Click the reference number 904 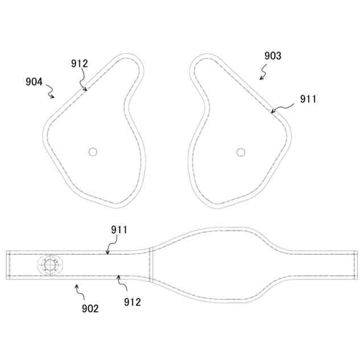(34, 82)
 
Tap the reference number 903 (273, 56)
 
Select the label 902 (90, 308)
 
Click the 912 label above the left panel (80, 64)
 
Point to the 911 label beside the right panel (308, 99)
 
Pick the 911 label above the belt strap (119, 230)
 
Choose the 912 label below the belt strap (133, 302)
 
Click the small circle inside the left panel (93, 152)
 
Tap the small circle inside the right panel (241, 152)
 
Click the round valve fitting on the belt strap (50, 265)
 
